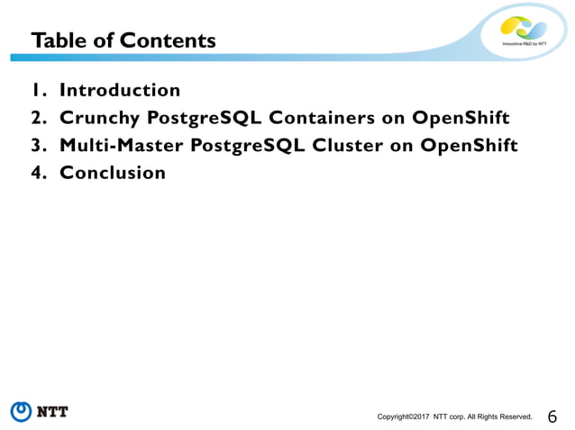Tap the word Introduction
coord(120,90)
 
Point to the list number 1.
coord(37,90)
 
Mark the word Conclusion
coord(113,173)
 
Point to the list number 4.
coord(37,173)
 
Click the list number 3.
coord(37,145)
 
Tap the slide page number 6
coord(552,416)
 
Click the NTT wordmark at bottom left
coord(53,413)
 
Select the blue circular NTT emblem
coord(22,412)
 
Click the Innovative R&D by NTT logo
coord(524,32)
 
